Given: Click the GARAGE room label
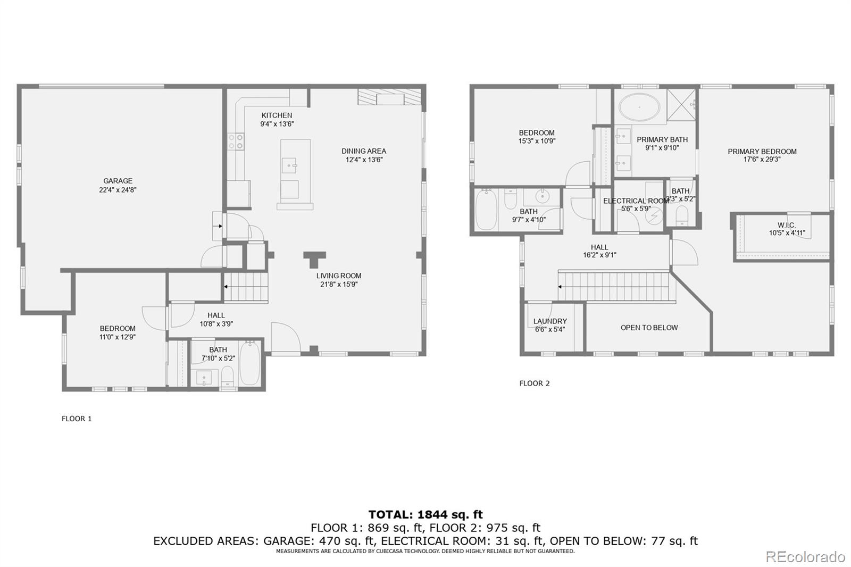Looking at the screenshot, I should pyautogui.click(x=118, y=181).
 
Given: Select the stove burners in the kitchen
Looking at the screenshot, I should pyautogui.click(x=236, y=141).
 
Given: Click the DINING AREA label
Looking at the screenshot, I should pyautogui.click(x=364, y=151).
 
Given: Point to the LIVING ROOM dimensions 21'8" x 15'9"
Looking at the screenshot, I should pyautogui.click(x=339, y=284).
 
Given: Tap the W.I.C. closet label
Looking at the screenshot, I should pyautogui.click(x=786, y=225).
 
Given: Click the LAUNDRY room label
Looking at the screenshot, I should pyautogui.click(x=550, y=321).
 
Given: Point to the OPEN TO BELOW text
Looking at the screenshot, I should pyautogui.click(x=649, y=328).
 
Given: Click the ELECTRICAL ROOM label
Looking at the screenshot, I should pyautogui.click(x=636, y=201).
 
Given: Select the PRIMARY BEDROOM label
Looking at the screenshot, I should pyautogui.click(x=762, y=152).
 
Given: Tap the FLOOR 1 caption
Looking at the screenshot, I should pyautogui.click(x=77, y=419).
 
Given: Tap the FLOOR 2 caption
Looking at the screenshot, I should pyautogui.click(x=535, y=383).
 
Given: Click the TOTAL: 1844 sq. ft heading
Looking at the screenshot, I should pyautogui.click(x=425, y=514).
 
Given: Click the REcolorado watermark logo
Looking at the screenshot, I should pyautogui.click(x=805, y=556).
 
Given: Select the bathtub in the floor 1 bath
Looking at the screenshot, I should pyautogui.click(x=249, y=364).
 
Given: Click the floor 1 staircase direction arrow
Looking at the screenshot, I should pyautogui.click(x=226, y=287).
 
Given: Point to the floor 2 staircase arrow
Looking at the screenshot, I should pyautogui.click(x=561, y=287).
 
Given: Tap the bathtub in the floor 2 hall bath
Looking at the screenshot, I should pyautogui.click(x=486, y=210).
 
